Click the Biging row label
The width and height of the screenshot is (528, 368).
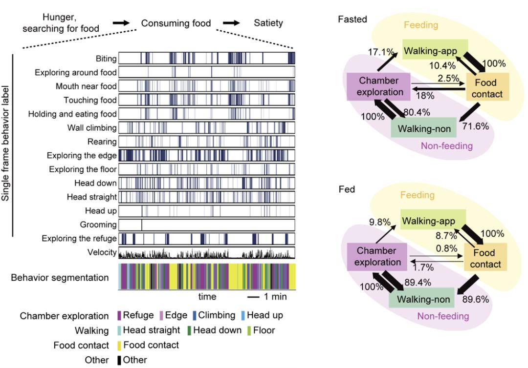[x=106, y=59]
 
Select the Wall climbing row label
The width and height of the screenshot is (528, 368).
[x=92, y=128]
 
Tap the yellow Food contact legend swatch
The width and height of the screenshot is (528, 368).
[x=119, y=345]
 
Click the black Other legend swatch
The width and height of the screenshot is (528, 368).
[x=119, y=360]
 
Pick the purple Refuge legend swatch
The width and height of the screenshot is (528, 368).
[x=119, y=316]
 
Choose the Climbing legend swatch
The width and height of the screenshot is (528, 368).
[x=194, y=316]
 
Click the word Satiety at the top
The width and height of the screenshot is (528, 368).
[x=268, y=23]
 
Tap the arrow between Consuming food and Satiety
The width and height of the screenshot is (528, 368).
[x=232, y=22]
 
